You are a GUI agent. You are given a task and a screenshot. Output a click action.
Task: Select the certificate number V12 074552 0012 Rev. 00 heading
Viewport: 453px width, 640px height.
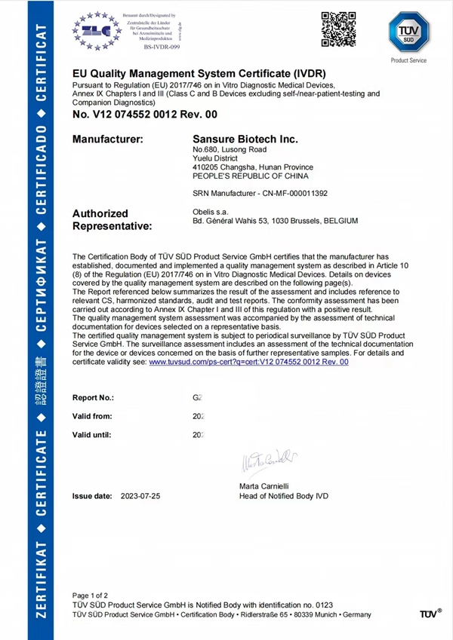[144, 115]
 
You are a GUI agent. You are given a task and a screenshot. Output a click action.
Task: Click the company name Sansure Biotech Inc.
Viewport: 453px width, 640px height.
[245, 139]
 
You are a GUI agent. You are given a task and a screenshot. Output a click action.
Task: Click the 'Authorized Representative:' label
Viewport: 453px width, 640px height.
[112, 219]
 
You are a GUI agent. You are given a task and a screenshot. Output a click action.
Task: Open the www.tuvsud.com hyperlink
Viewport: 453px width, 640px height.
[248, 362]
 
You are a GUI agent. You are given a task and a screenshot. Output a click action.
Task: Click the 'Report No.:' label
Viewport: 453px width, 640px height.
[93, 397]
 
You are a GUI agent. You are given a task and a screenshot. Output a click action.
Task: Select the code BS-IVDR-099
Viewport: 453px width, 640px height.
[162, 47]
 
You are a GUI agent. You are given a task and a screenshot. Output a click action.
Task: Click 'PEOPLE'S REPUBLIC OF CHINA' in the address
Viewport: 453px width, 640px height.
[251, 176]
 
